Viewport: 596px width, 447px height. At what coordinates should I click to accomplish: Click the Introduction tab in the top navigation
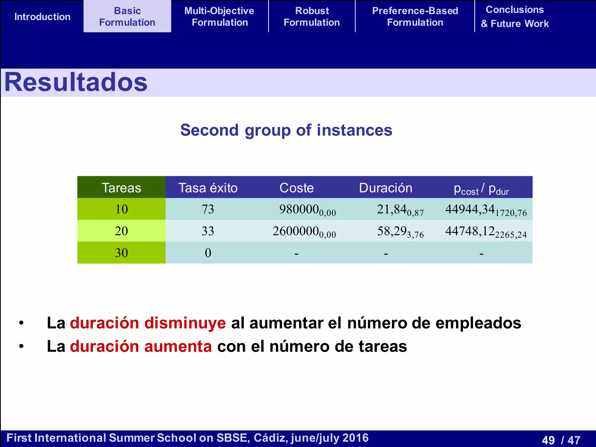pos(42,17)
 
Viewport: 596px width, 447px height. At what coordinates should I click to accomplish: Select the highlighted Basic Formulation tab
pos(127,17)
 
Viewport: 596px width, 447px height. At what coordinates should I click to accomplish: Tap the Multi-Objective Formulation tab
pos(219,17)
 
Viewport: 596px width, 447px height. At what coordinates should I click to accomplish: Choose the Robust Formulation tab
pos(312,17)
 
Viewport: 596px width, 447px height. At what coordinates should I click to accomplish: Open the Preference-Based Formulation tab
pos(415,17)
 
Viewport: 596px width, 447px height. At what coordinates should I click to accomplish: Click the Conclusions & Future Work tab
pos(515,17)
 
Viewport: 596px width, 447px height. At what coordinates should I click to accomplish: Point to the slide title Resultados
pos(76,82)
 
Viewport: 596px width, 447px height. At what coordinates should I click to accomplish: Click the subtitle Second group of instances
pos(286,130)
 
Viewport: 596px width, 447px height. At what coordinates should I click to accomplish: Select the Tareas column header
pos(121,188)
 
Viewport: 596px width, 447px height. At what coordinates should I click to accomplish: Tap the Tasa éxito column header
pos(208,188)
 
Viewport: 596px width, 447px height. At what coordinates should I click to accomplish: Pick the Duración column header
pos(386,188)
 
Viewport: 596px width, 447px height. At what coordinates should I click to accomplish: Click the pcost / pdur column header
pos(481,189)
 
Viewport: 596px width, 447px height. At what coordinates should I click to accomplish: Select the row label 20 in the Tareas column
pos(121,231)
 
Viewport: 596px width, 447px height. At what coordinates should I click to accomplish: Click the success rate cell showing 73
pos(208,209)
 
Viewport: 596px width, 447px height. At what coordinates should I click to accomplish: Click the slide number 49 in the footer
pos(548,440)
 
